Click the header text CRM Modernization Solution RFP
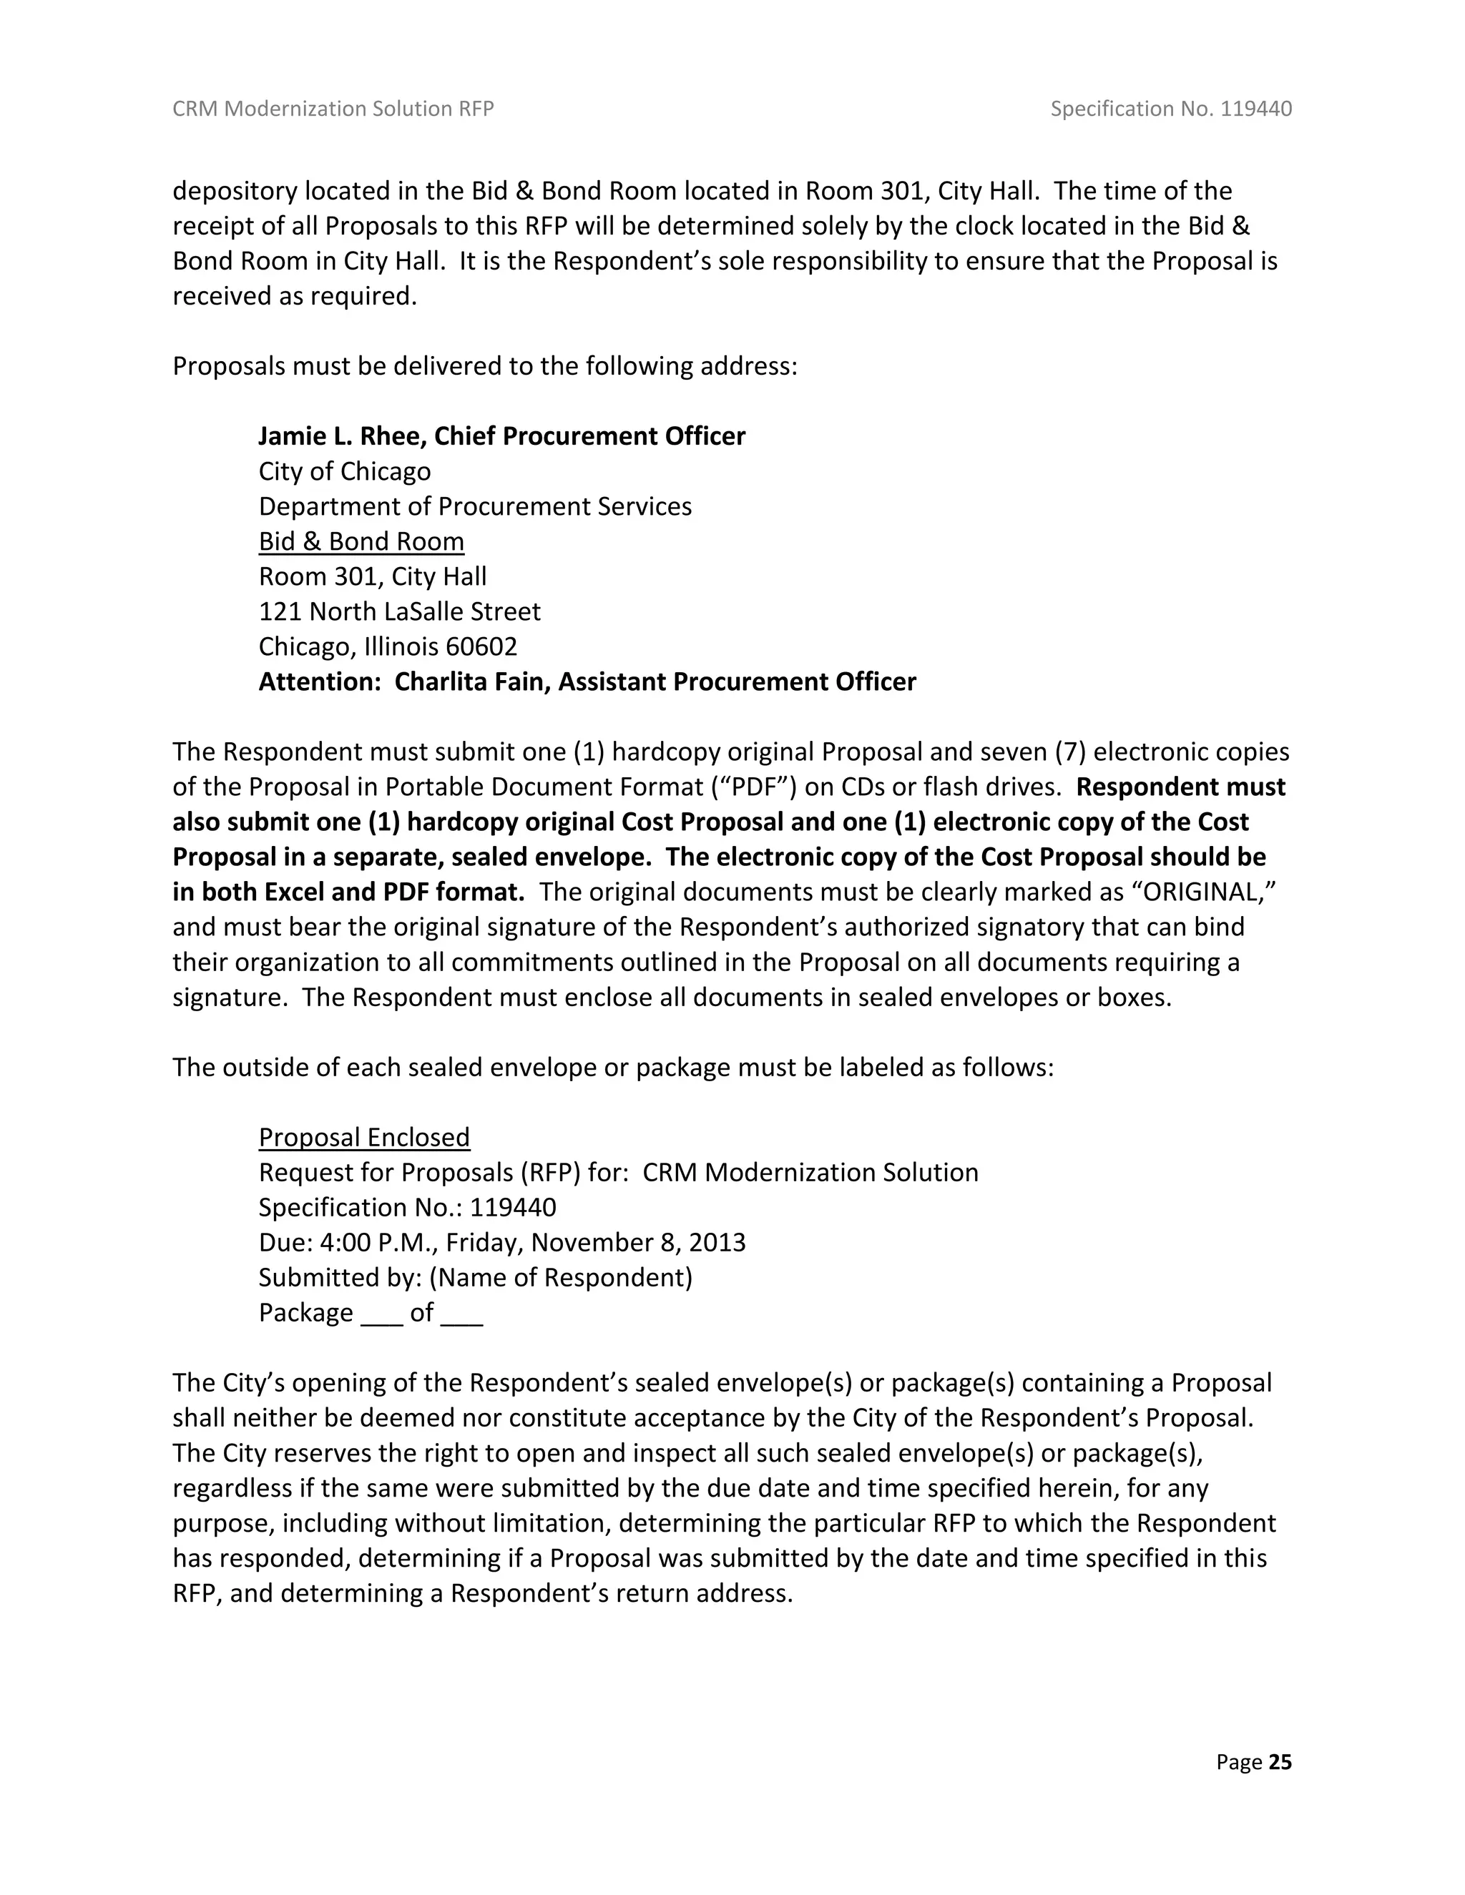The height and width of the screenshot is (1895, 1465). click(x=333, y=109)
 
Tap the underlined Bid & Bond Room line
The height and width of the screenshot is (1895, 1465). click(x=361, y=541)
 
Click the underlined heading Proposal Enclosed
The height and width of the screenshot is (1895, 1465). click(x=365, y=1138)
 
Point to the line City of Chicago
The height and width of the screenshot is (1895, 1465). click(x=345, y=471)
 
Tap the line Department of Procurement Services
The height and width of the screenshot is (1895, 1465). click(x=475, y=507)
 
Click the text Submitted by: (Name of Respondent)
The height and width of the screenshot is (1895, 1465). click(x=476, y=1277)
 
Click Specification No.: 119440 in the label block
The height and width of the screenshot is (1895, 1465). click(x=407, y=1208)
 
